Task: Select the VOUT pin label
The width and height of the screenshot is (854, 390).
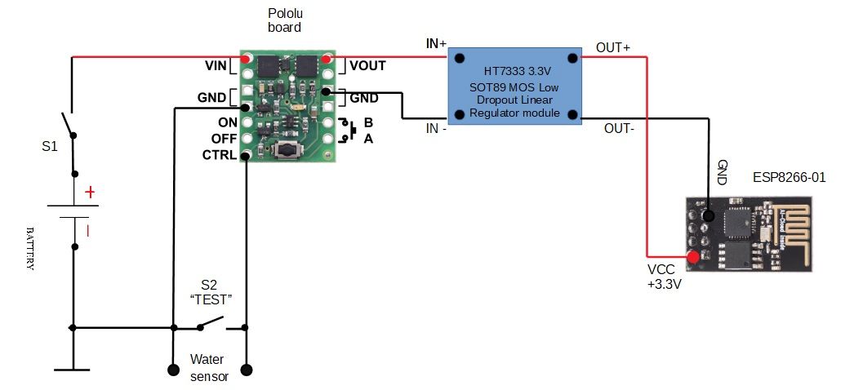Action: click(368, 64)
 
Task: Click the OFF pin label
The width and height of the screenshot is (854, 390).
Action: click(223, 138)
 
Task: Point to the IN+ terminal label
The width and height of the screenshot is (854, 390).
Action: click(436, 44)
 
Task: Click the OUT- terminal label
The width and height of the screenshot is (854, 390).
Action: click(618, 128)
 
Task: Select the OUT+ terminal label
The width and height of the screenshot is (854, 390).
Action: click(612, 47)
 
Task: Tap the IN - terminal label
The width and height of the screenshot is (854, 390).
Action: click(434, 129)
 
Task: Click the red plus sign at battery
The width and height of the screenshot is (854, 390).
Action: click(90, 193)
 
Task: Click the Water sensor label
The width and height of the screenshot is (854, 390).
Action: click(209, 367)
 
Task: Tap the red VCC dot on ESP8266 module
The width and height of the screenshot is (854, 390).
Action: click(693, 258)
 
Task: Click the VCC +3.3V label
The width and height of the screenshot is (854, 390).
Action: click(664, 277)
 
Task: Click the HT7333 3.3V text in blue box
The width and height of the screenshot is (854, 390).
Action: click(516, 71)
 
